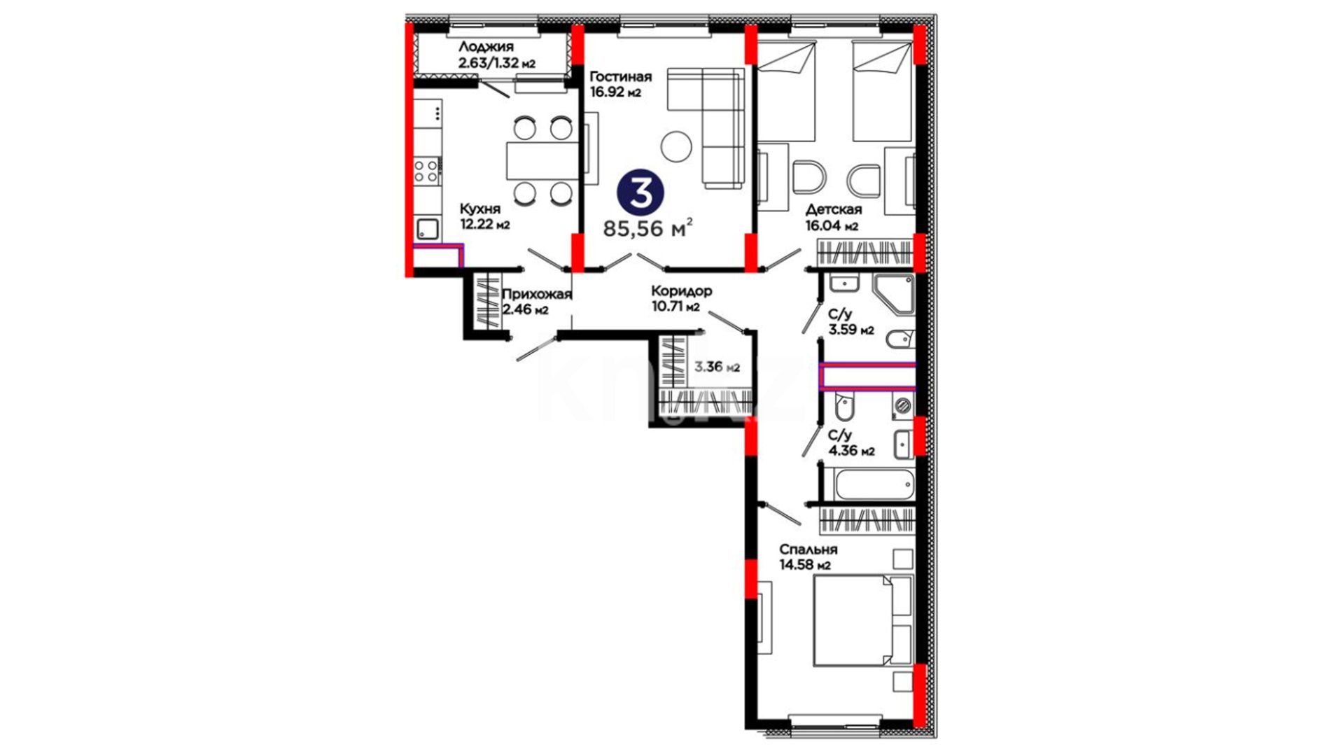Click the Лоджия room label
tap(486, 48)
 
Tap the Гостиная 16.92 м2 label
tap(620, 84)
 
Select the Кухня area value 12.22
tap(477, 225)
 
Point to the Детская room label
tap(834, 209)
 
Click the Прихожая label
tap(537, 295)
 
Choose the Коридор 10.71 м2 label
tap(681, 298)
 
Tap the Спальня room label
tap(808, 549)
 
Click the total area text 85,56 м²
tap(648, 227)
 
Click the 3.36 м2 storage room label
tap(717, 366)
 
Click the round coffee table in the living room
tap(676, 147)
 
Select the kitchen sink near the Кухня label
tap(428, 229)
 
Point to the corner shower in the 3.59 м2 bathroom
tap(893, 294)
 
